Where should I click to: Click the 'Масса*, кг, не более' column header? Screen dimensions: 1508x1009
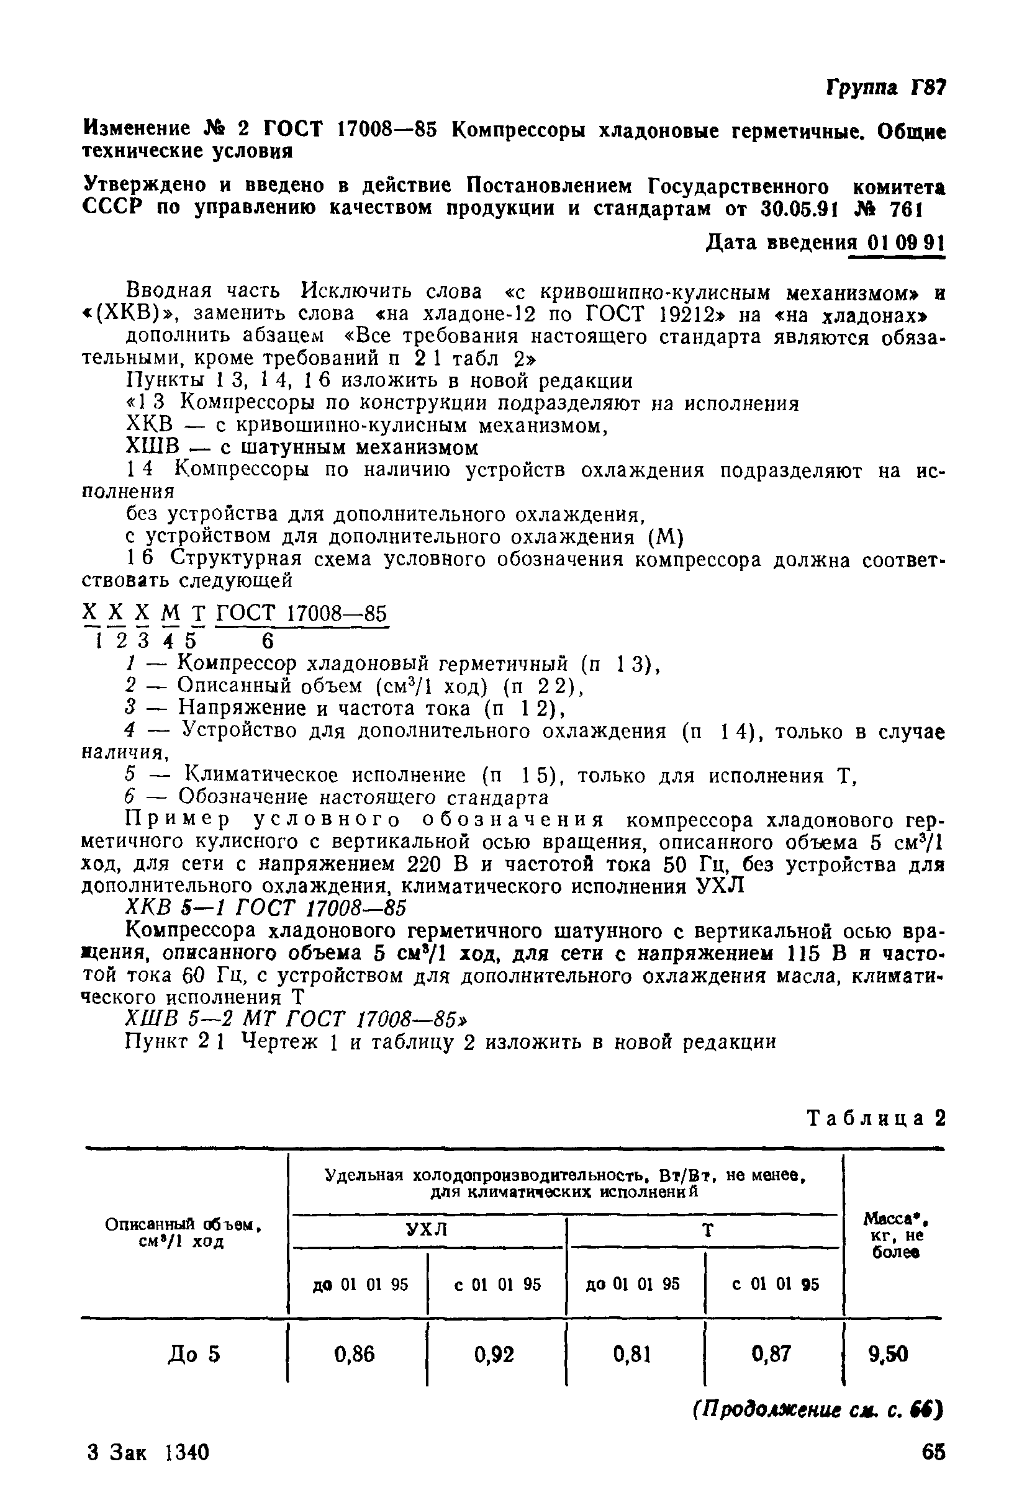[x=893, y=1236]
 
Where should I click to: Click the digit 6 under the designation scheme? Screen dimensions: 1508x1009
[x=268, y=640]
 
